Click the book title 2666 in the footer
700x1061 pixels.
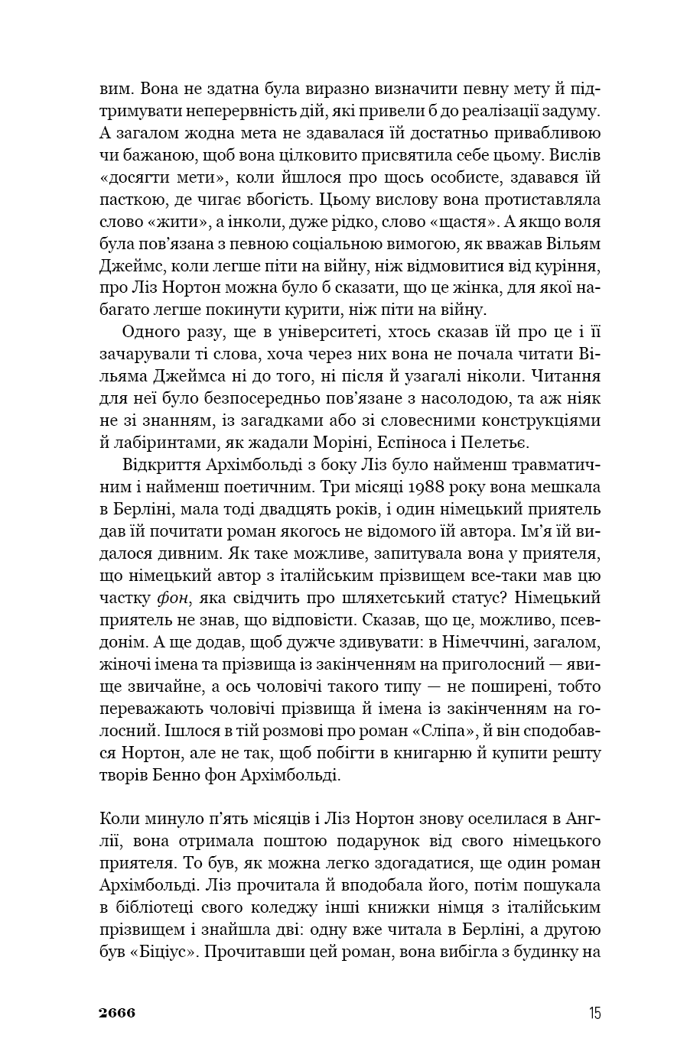pyautogui.click(x=117, y=1014)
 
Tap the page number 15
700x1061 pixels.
pyautogui.click(x=594, y=1014)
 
